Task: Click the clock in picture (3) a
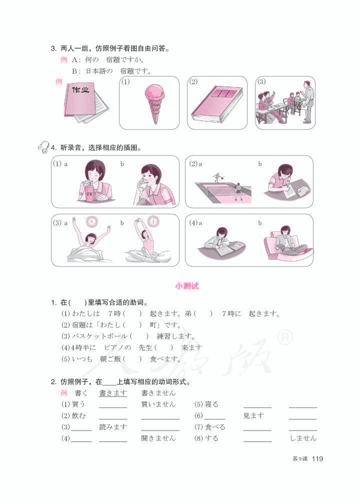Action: click(x=91, y=221)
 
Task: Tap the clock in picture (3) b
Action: click(x=153, y=220)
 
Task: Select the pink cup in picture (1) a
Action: click(x=90, y=195)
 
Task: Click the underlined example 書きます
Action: click(x=113, y=393)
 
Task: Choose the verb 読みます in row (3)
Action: click(x=113, y=426)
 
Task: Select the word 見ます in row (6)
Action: click(x=253, y=415)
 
